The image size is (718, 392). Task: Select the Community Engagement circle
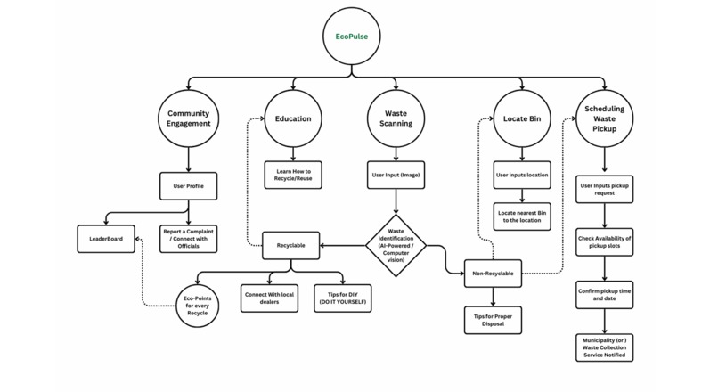pyautogui.click(x=189, y=119)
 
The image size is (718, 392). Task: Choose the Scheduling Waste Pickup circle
pyautogui.click(x=606, y=118)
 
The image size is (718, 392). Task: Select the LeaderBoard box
pyautogui.click(x=105, y=239)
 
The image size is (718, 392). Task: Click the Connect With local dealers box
pyautogui.click(x=273, y=298)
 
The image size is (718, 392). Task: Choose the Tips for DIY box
pyautogui.click(x=343, y=298)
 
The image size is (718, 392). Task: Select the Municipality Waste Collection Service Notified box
pyautogui.click(x=606, y=347)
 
